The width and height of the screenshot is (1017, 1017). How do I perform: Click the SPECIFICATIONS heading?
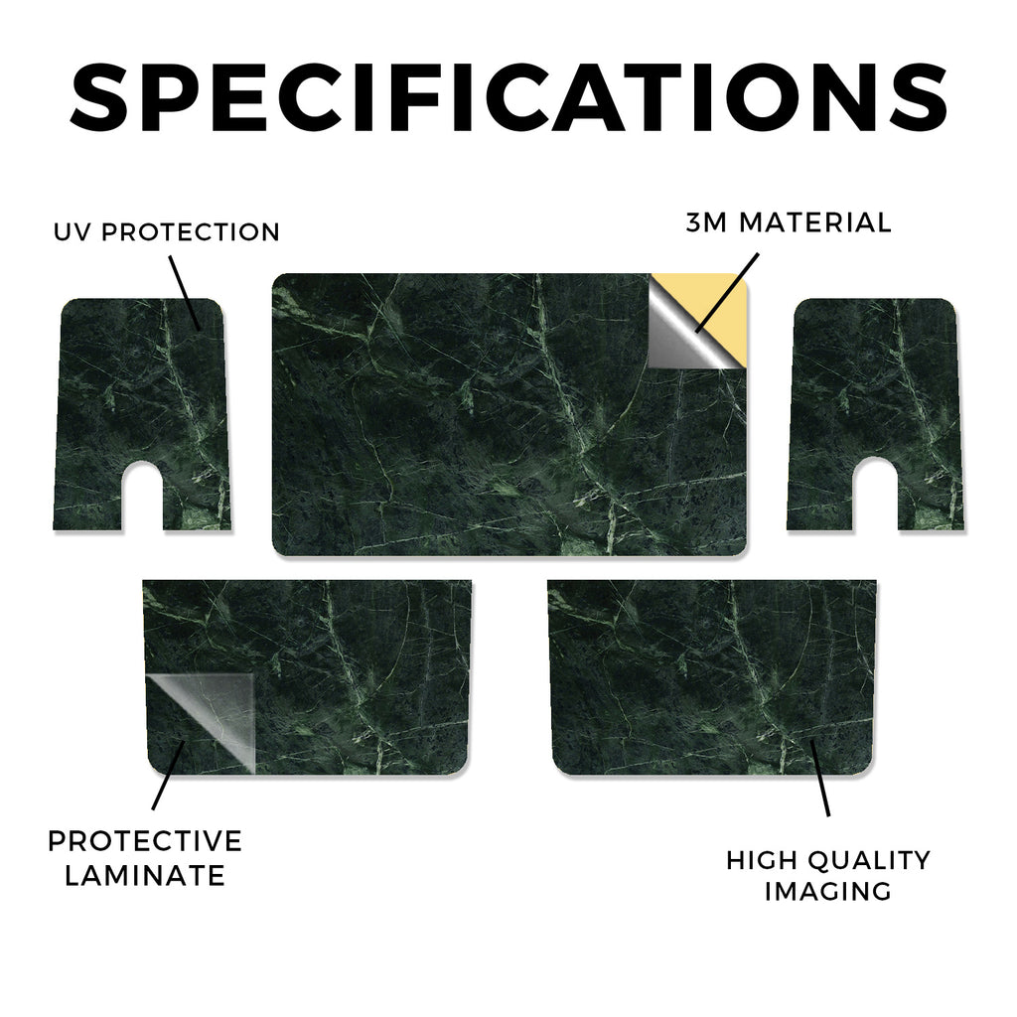pos(508,98)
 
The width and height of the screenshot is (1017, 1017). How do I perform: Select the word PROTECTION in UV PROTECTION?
pos(191,232)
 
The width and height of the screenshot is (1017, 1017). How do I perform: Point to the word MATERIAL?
pos(815,222)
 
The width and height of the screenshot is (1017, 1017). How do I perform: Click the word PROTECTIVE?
pos(145,841)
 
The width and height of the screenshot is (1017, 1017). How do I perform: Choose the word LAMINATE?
pos(145,876)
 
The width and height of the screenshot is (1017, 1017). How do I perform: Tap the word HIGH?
pos(762,860)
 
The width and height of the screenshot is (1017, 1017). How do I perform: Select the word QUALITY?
pos(870,860)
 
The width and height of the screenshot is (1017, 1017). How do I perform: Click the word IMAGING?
pos(828,891)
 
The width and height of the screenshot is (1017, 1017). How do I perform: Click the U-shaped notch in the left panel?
pos(142,497)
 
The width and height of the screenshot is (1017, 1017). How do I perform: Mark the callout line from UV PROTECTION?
pos(185,293)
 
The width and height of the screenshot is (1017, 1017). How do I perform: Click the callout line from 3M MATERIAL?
pos(726,293)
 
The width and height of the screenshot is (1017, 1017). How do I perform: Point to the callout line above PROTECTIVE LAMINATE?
pos(168,776)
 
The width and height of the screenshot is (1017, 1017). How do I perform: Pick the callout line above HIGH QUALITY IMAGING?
pos(819,778)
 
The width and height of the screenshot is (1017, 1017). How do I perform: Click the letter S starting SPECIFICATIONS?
pos(98,98)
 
